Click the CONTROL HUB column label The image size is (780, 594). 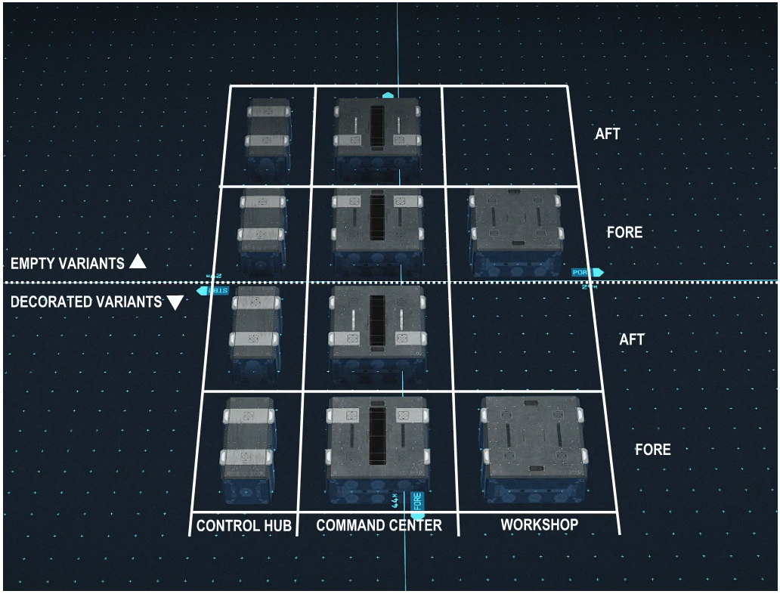pyautogui.click(x=243, y=525)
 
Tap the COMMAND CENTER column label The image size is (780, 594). pyautogui.click(x=379, y=524)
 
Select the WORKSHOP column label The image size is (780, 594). pyautogui.click(x=539, y=524)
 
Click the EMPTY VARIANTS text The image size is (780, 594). pyautogui.click(x=67, y=264)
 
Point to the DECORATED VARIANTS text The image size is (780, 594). pyautogui.click(x=86, y=302)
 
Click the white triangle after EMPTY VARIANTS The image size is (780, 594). pyautogui.click(x=137, y=262)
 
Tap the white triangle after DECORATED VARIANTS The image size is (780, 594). pyautogui.click(x=175, y=302)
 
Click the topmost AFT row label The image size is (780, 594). pyautogui.click(x=607, y=134)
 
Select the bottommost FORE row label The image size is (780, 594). pyautogui.click(x=652, y=450)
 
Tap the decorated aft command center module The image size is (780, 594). pyautogui.click(x=376, y=330)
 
